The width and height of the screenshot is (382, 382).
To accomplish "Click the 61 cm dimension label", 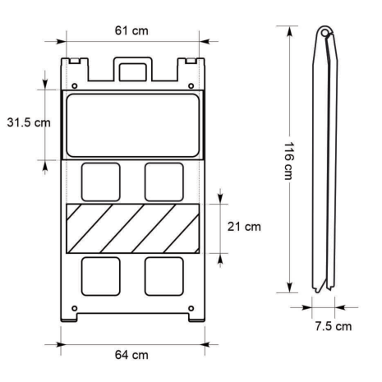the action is [x=131, y=30].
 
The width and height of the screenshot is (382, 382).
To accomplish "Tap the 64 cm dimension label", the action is [x=131, y=355].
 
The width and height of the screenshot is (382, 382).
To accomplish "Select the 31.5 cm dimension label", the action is [x=29, y=122].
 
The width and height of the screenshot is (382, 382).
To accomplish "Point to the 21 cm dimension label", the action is [x=244, y=227].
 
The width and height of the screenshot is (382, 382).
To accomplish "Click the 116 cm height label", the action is [x=288, y=161].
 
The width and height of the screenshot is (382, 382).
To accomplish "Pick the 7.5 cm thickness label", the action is [x=334, y=326].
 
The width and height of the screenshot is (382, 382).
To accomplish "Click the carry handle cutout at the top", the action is [x=133, y=72].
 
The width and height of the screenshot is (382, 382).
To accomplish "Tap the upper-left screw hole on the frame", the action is [x=74, y=86].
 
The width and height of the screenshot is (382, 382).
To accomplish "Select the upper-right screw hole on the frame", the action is [x=191, y=86].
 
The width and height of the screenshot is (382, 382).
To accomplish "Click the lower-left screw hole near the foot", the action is [x=74, y=309].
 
